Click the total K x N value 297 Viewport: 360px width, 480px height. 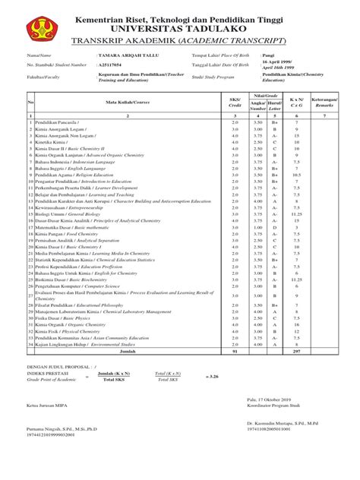298,352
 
